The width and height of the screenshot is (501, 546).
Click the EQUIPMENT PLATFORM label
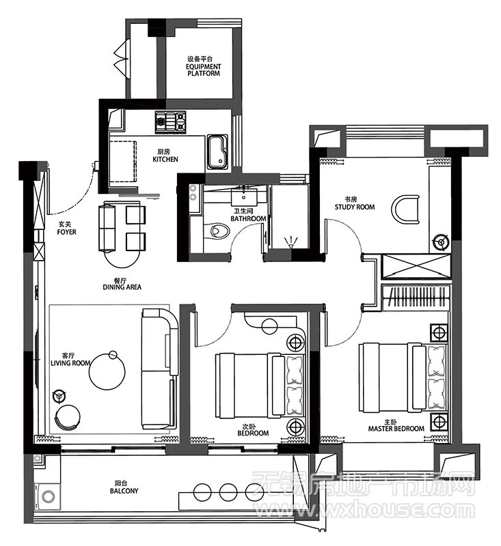[x=204, y=70]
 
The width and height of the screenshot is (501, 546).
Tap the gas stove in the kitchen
[x=170, y=122]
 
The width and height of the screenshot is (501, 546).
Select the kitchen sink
[x=218, y=152]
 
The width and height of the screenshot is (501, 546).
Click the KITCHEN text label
[x=165, y=159]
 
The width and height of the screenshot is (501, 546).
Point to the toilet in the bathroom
[x=216, y=231]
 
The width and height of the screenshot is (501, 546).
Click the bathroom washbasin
[x=244, y=197]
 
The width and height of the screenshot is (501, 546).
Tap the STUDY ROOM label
[x=355, y=207]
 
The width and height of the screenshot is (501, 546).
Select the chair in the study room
[x=405, y=209]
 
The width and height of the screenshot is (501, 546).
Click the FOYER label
[x=66, y=232]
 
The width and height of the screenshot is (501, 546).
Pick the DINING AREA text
[x=122, y=287]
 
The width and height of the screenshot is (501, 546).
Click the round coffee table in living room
[x=107, y=372]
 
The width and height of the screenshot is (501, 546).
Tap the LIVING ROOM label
[x=70, y=363]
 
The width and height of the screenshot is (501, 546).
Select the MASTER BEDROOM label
[x=396, y=429]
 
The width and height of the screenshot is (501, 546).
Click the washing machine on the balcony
[x=47, y=496]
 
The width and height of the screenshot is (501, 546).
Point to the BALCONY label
[x=124, y=491]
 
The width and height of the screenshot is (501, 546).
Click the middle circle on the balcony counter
[x=228, y=492]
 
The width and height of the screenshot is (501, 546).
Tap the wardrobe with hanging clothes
[x=416, y=298]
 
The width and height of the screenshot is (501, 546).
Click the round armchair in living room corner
[x=67, y=418]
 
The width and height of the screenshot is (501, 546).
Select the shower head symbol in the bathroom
[x=290, y=242]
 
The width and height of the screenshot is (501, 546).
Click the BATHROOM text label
[x=248, y=218]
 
